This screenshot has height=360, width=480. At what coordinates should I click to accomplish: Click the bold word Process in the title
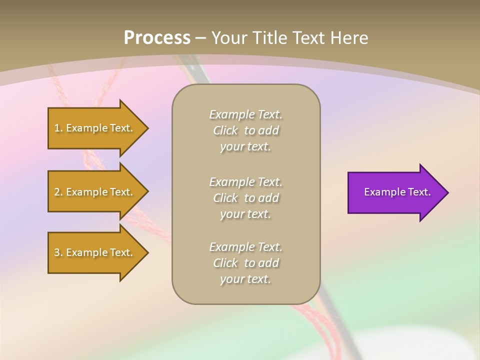pyautogui.click(x=157, y=38)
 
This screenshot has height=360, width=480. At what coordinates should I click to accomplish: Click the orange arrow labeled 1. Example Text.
pyautogui.click(x=95, y=128)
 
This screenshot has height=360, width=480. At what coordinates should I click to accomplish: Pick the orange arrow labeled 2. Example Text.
pyautogui.click(x=95, y=192)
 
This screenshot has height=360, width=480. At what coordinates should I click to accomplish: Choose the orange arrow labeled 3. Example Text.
pyautogui.click(x=95, y=252)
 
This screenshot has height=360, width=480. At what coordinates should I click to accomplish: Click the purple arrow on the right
pyautogui.click(x=395, y=192)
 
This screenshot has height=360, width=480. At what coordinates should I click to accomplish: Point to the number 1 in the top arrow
pyautogui.click(x=57, y=128)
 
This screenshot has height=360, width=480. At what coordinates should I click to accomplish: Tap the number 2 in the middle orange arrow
pyautogui.click(x=57, y=192)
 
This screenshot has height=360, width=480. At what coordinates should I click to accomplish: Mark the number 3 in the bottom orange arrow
pyautogui.click(x=57, y=252)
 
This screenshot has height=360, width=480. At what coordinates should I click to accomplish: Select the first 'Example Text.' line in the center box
pyautogui.click(x=245, y=114)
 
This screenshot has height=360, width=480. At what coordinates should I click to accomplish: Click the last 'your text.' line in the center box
pyautogui.click(x=245, y=279)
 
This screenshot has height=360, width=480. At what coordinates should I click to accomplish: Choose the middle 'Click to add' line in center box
pyautogui.click(x=245, y=198)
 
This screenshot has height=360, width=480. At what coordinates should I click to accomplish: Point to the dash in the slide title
pyautogui.click(x=201, y=38)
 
